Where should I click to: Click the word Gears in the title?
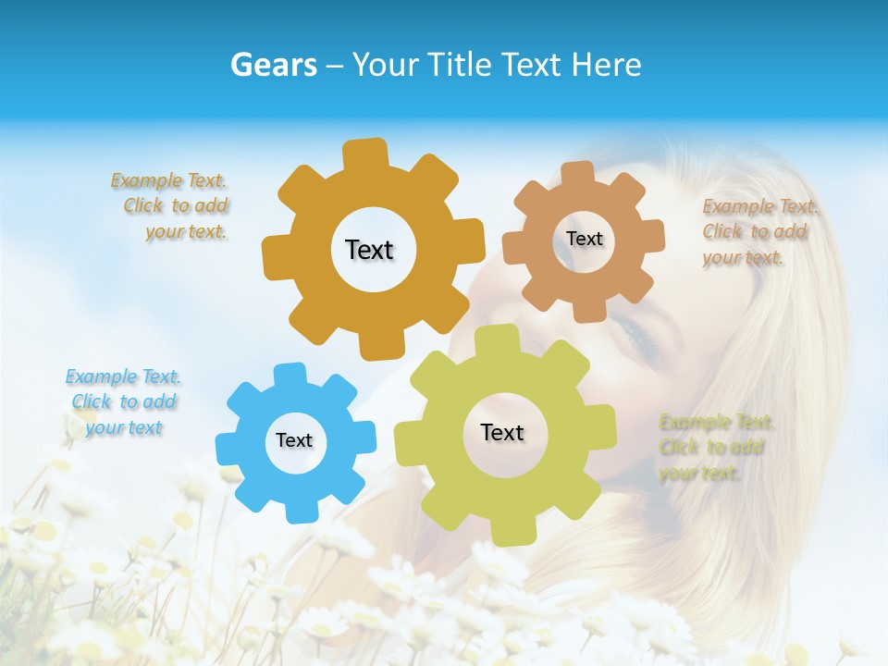coord(273,65)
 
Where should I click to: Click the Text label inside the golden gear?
coord(369,250)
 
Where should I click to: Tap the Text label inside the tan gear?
coord(584,239)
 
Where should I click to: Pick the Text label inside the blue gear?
coord(294,440)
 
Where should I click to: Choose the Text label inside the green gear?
coord(502,432)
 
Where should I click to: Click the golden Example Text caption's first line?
coord(168,180)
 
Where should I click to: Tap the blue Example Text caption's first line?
coord(123,376)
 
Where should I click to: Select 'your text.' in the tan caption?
coord(742,257)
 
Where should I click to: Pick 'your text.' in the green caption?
coord(699,473)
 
